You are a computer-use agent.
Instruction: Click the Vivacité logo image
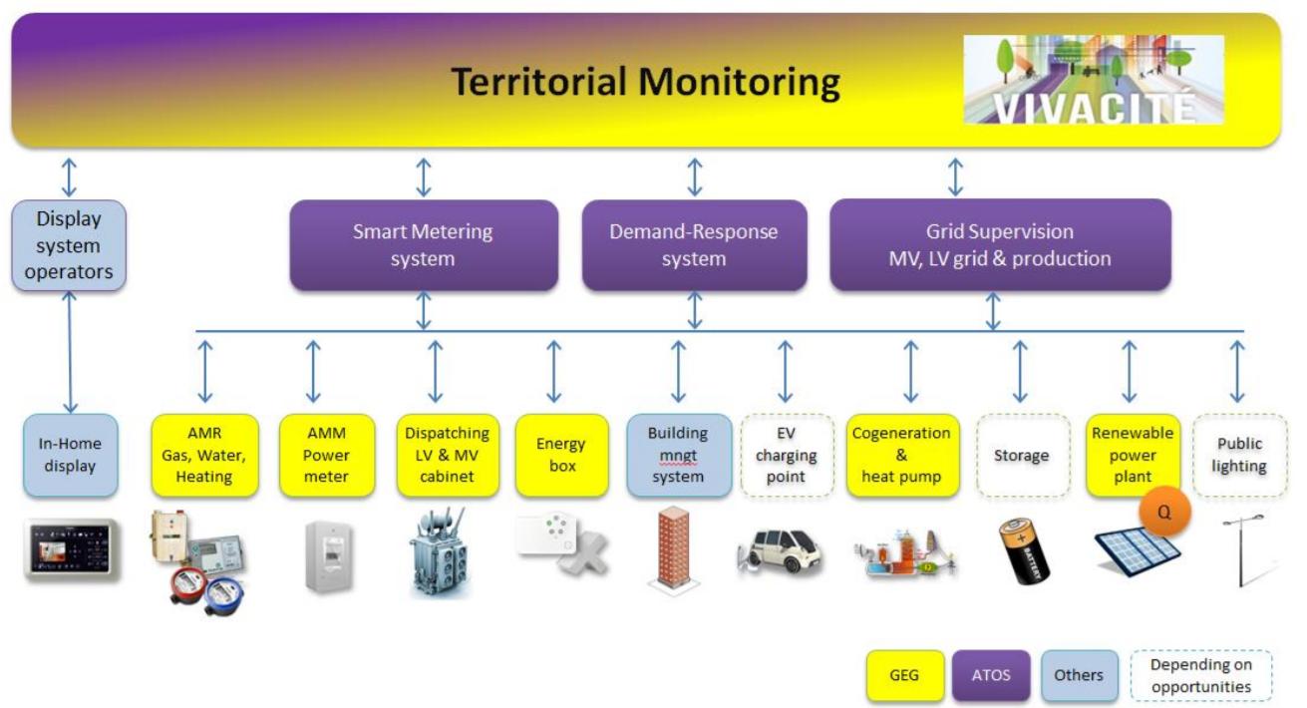[1093, 80]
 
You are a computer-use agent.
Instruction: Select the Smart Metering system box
[423, 245]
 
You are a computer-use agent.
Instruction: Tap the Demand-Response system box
[694, 245]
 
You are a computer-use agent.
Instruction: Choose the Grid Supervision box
[1000, 245]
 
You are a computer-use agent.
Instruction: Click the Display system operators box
[69, 245]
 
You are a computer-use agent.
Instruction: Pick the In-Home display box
[70, 456]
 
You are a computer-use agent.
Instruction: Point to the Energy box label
[561, 455]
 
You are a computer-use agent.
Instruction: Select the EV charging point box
[785, 456]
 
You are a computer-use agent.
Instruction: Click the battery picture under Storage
[1024, 549]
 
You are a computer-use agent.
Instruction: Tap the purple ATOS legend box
[990, 675]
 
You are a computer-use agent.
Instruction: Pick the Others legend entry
[1078, 675]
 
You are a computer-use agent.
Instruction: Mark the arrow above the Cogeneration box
[910, 372]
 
